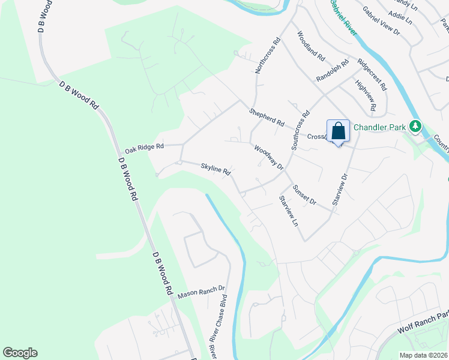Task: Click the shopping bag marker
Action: point(338,131)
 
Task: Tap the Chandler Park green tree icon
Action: point(414,126)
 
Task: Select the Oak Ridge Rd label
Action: point(144,147)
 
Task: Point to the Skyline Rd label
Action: point(215,170)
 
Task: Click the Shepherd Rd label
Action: point(267,118)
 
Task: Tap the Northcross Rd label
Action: point(268,56)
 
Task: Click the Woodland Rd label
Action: point(310,47)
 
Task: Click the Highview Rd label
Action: point(365,96)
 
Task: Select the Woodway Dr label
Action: point(268,158)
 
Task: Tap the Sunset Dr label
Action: point(304,195)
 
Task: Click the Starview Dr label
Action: point(340,190)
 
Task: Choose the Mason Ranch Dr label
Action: point(200,292)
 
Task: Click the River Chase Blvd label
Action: point(218,318)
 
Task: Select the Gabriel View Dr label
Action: point(381,21)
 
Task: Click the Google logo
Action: point(20,353)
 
